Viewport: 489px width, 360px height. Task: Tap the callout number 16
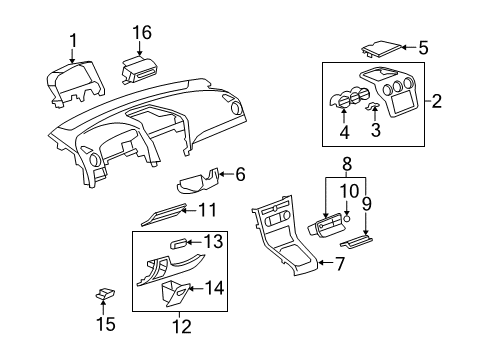point(142,34)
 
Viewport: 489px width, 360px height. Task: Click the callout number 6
point(239,174)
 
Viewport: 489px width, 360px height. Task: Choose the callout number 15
point(105,324)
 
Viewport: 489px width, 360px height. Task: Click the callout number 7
point(339,264)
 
